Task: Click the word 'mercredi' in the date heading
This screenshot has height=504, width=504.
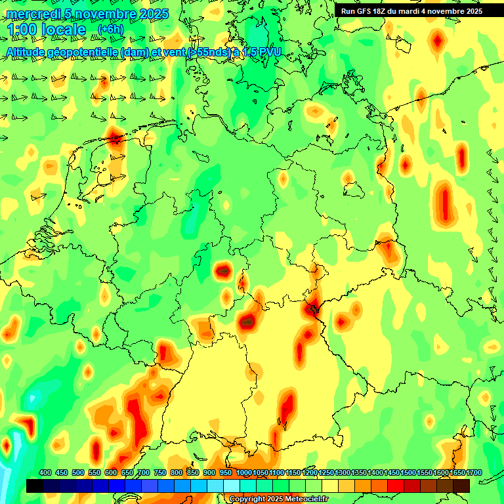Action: coord(32,14)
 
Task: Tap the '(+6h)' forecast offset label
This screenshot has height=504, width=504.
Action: coord(110,30)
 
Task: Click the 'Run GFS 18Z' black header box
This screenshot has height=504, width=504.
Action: coord(411,10)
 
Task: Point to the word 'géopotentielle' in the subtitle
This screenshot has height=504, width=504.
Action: coord(81,52)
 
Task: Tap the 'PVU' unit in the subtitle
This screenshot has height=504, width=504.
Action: coord(268,52)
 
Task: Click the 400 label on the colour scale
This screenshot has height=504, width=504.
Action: coord(45,472)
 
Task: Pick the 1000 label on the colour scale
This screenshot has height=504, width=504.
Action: coord(243,472)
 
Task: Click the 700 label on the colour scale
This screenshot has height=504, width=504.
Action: coord(144,472)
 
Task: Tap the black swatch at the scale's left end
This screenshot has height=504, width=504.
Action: coord(35,486)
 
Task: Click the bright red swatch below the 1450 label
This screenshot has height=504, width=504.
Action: coord(396,486)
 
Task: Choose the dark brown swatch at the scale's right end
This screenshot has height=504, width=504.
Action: coord(461,486)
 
